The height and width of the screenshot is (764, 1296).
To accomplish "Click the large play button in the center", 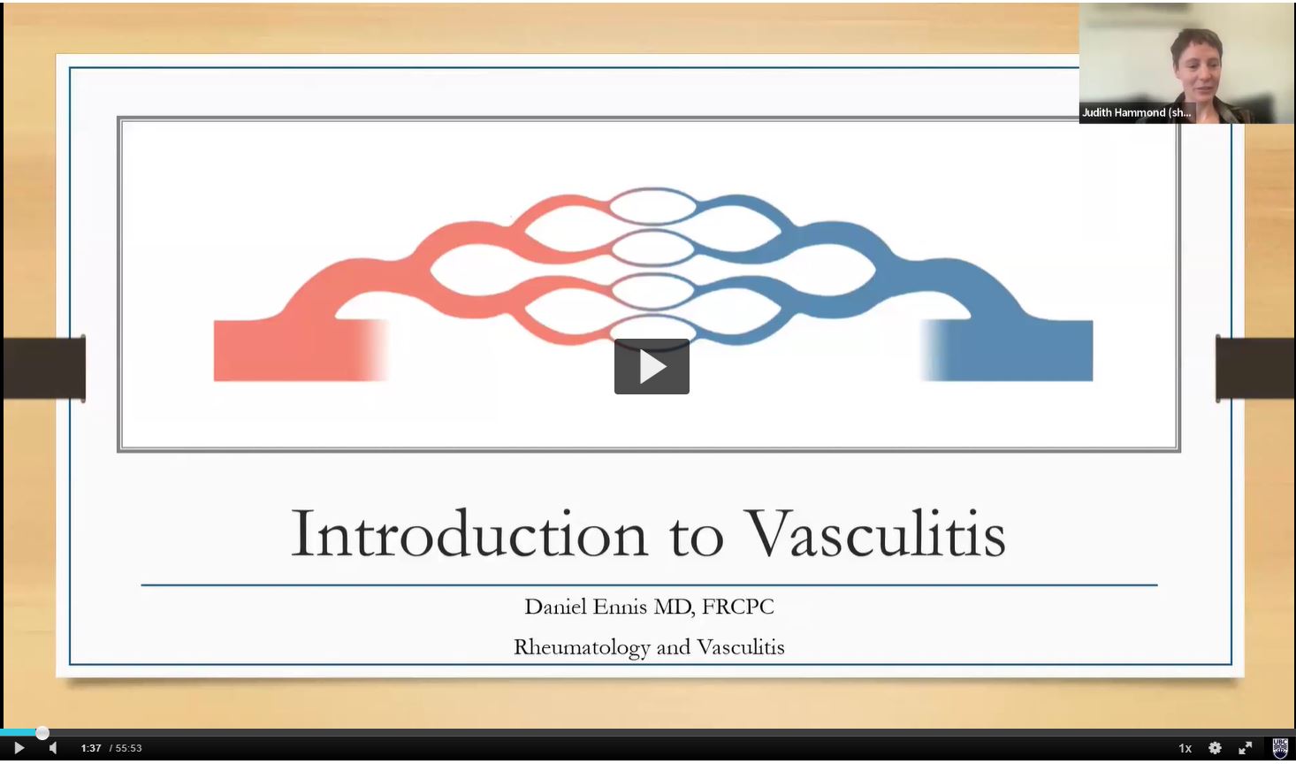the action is pyautogui.click(x=652, y=366).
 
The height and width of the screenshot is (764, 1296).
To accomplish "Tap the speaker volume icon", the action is pyautogui.click(x=53, y=748).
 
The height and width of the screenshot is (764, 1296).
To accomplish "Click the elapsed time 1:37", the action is pyautogui.click(x=91, y=748).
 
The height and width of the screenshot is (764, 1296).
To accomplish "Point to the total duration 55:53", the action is pyautogui.click(x=128, y=748).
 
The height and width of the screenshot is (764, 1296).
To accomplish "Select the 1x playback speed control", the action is pyautogui.click(x=1185, y=748).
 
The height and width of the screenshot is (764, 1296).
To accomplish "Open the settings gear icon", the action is pyautogui.click(x=1215, y=748).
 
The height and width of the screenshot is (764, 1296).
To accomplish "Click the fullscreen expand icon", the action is pyautogui.click(x=1245, y=748).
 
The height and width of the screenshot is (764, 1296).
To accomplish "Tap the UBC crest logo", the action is pyautogui.click(x=1280, y=748).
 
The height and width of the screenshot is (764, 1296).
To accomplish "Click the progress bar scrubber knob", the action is pyautogui.click(x=42, y=733).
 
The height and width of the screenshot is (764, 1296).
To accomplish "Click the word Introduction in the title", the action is pyautogui.click(x=469, y=532).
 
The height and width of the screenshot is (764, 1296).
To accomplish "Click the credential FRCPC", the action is pyautogui.click(x=737, y=607).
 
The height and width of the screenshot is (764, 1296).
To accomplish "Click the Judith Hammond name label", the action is pyautogui.click(x=1136, y=112).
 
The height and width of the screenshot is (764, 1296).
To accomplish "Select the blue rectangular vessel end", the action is pyautogui.click(x=1007, y=350).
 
